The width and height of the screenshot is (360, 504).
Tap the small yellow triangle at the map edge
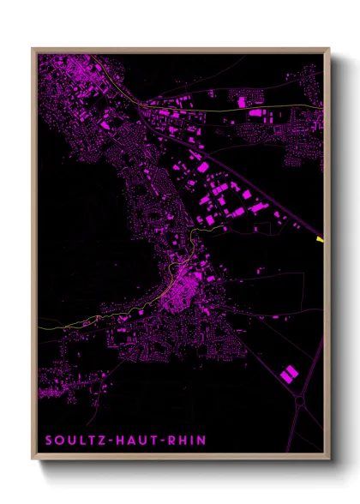pyautogui.click(x=320, y=239)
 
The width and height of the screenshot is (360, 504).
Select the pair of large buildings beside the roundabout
pyautogui.click(x=290, y=372)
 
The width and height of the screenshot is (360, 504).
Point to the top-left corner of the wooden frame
pyautogui.click(x=33, y=49)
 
